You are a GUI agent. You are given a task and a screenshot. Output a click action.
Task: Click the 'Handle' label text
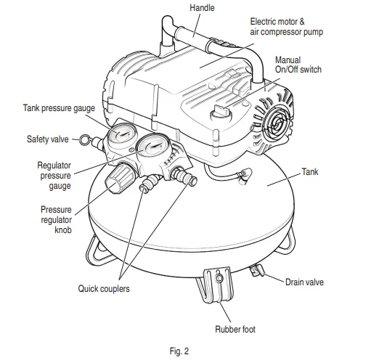point(202,8)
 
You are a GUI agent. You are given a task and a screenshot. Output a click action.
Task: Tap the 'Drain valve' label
point(304,282)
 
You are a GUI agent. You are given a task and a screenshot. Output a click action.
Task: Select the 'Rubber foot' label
point(235,329)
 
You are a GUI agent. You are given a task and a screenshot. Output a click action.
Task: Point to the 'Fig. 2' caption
point(179,351)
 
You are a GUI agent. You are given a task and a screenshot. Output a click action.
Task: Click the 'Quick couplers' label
point(104,289)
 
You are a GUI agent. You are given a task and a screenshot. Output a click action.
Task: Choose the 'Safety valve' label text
point(48,139)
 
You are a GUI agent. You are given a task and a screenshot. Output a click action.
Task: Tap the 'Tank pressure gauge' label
point(59,108)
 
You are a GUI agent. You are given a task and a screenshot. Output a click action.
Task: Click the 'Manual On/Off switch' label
point(298,65)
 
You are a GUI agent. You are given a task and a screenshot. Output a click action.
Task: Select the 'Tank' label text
point(310,172)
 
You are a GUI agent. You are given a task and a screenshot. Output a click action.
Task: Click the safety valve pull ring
point(84,139)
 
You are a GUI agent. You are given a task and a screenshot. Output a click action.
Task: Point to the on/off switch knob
point(221,113)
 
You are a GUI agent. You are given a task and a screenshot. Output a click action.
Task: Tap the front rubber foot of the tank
point(218,286)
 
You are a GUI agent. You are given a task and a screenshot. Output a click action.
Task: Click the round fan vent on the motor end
point(277,124)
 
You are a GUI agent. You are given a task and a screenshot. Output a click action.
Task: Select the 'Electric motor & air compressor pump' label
point(287,27)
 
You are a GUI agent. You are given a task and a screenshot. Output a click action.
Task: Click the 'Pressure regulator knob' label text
point(57,220)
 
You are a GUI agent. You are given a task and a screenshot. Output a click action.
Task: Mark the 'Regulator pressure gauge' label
point(54,176)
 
